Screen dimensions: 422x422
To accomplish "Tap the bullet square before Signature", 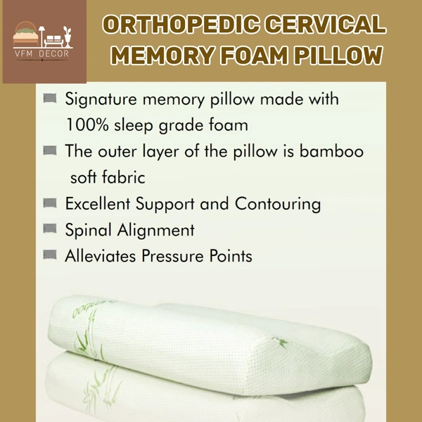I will (50, 99).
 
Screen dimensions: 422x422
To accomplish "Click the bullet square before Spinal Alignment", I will (50, 229).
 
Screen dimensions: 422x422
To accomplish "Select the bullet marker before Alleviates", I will (50, 255).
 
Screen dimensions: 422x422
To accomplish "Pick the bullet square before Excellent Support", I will (50, 203).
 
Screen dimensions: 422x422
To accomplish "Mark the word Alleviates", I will (98, 255).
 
